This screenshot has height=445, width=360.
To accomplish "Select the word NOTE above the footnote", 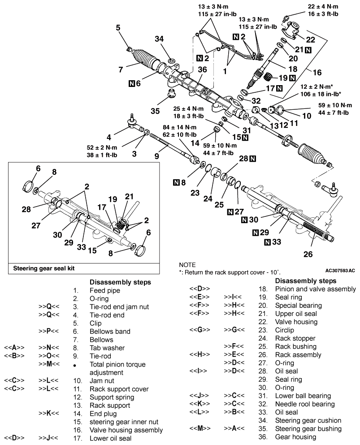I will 187,265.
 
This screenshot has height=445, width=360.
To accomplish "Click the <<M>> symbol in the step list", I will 200,428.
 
